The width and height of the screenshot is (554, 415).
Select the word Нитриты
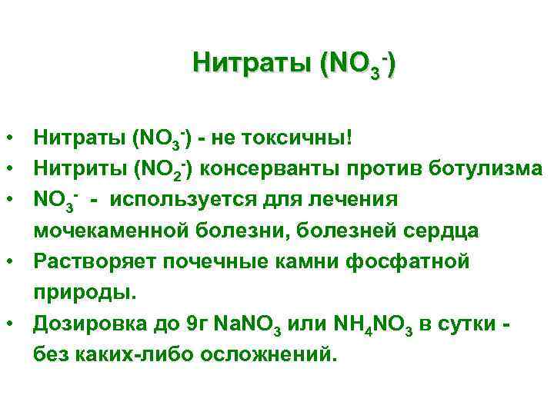pos(79,169)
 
